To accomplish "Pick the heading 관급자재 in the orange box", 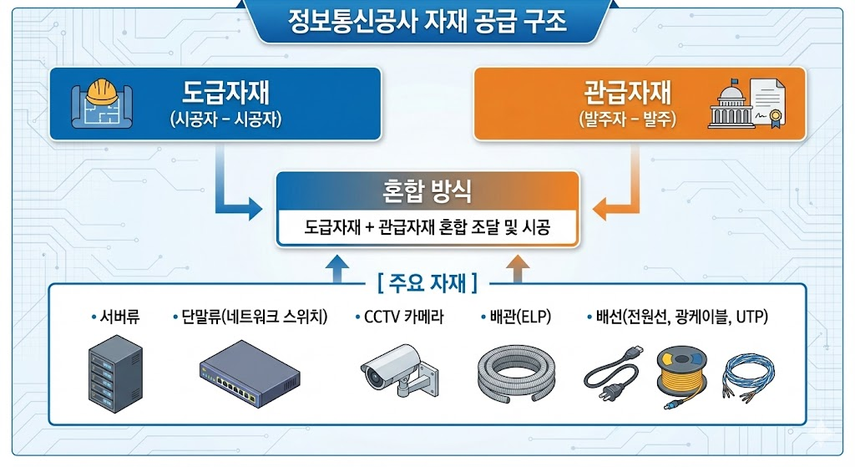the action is pyautogui.click(x=628, y=93).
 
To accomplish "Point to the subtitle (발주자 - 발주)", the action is pyautogui.click(x=628, y=119).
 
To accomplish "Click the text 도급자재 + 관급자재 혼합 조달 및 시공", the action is pyautogui.click(x=427, y=227).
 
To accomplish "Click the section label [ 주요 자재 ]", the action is pyautogui.click(x=427, y=283).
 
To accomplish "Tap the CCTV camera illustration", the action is pyautogui.click(x=395, y=369).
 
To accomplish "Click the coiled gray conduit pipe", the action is pyautogui.click(x=513, y=371).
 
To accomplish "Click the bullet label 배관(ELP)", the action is pyautogui.click(x=511, y=317).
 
